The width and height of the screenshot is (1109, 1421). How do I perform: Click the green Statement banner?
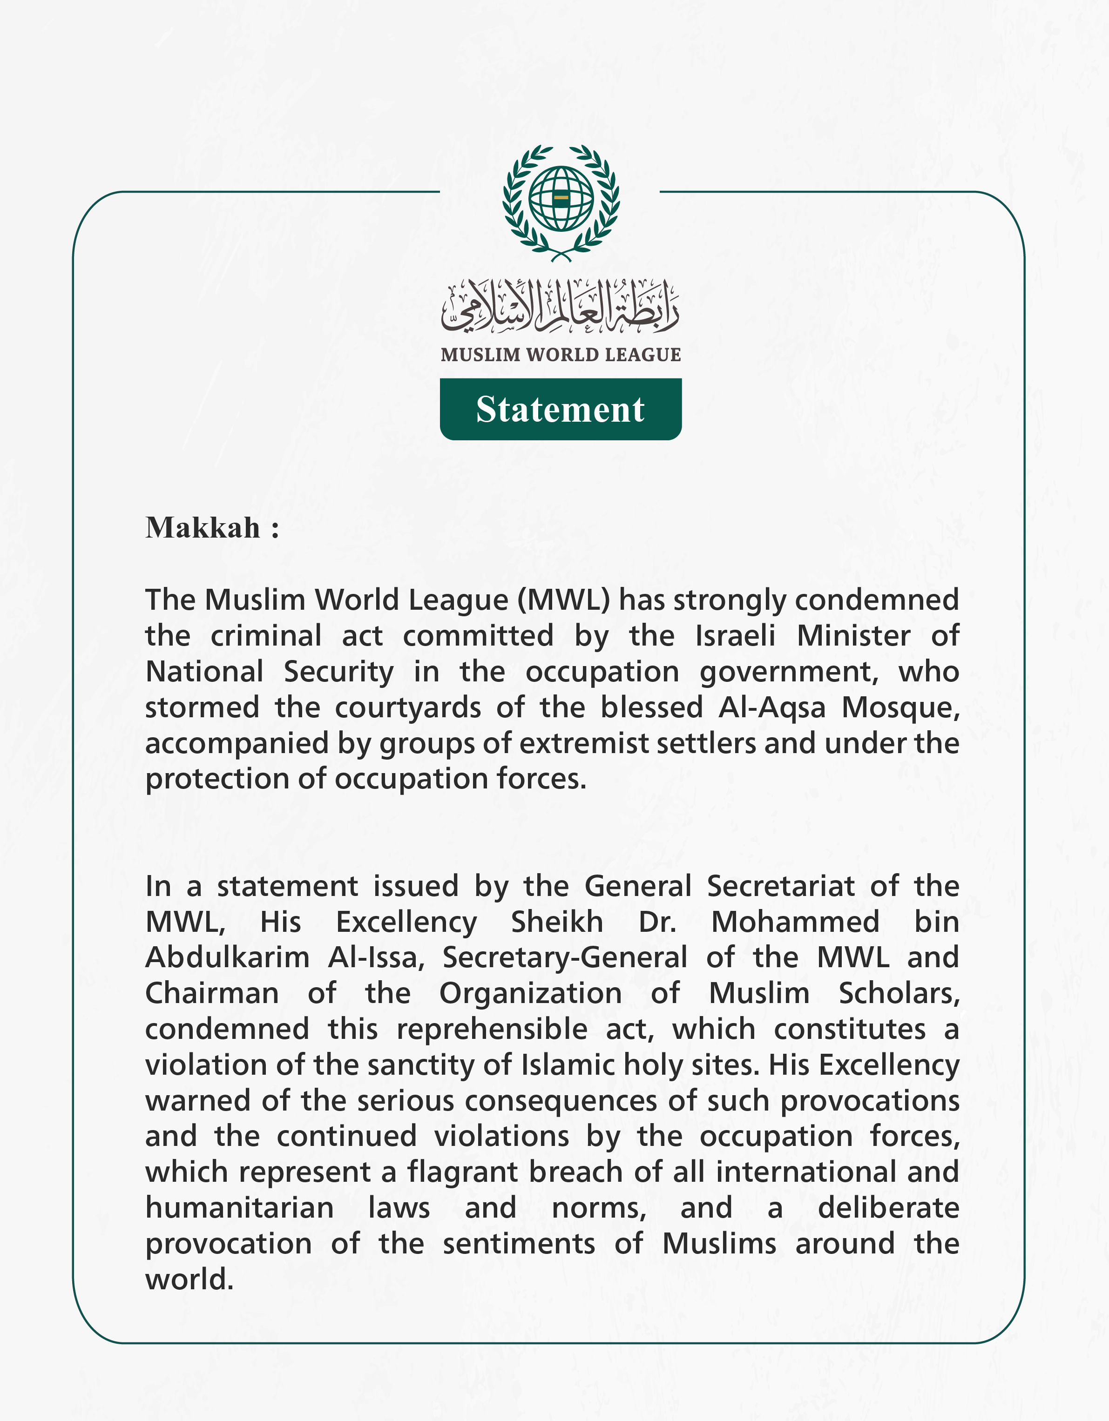(x=561, y=409)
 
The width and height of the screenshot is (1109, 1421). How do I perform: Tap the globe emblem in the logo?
(x=561, y=198)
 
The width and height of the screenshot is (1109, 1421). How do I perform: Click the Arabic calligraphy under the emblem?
(x=561, y=304)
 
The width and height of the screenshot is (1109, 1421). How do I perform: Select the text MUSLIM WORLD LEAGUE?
(x=561, y=355)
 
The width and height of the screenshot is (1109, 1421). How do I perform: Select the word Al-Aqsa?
(x=772, y=707)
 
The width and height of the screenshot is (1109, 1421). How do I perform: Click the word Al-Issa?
(x=376, y=958)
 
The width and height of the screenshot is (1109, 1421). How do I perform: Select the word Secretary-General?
(x=564, y=958)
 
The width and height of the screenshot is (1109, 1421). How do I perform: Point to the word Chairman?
(x=211, y=994)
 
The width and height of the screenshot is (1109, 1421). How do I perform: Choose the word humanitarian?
(x=239, y=1208)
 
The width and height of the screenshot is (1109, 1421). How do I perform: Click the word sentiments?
(x=519, y=1244)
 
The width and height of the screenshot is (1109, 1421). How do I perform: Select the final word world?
(x=189, y=1280)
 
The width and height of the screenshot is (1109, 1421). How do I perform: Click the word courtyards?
(x=408, y=707)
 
